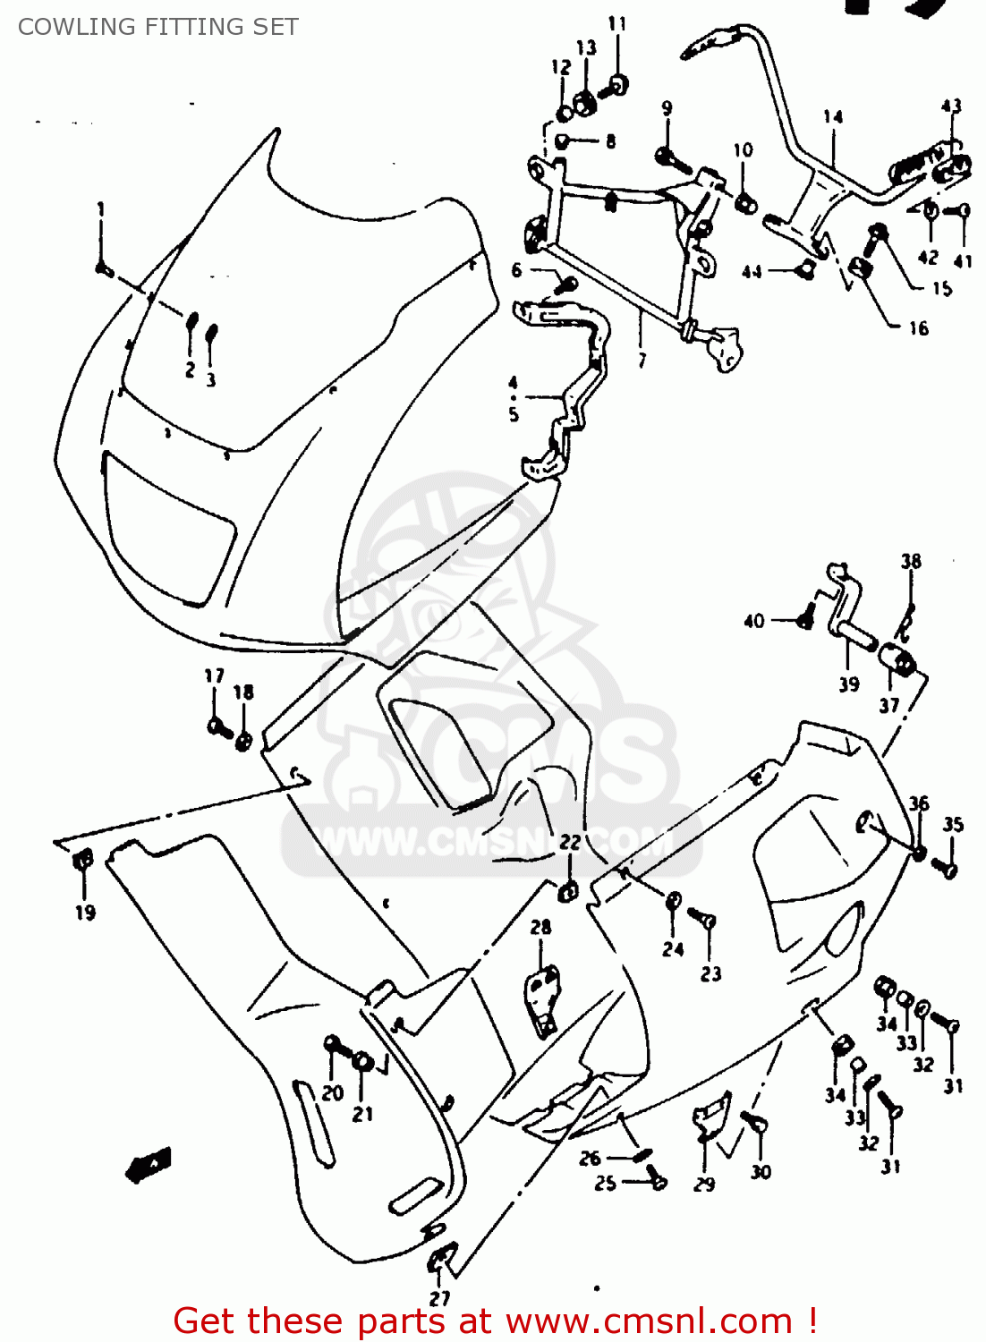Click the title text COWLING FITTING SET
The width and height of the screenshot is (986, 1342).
pos(158,27)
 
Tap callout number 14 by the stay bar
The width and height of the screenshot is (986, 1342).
pos(832,117)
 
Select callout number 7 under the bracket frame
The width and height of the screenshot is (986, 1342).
pos(642,361)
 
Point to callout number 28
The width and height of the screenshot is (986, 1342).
pos(540,928)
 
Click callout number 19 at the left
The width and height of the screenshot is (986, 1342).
pos(85,913)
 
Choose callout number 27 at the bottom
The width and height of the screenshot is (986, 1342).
pos(439,1298)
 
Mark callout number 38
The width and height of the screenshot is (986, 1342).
pos(910,561)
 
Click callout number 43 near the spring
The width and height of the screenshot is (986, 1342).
pos(951,106)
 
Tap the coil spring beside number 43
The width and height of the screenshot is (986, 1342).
pos(917,165)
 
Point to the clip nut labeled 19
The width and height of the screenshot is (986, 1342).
pos(82,861)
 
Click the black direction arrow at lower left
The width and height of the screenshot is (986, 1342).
pos(149,1165)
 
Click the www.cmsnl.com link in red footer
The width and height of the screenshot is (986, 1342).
pos(649,1321)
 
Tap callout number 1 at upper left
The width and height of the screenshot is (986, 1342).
pos(101,209)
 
